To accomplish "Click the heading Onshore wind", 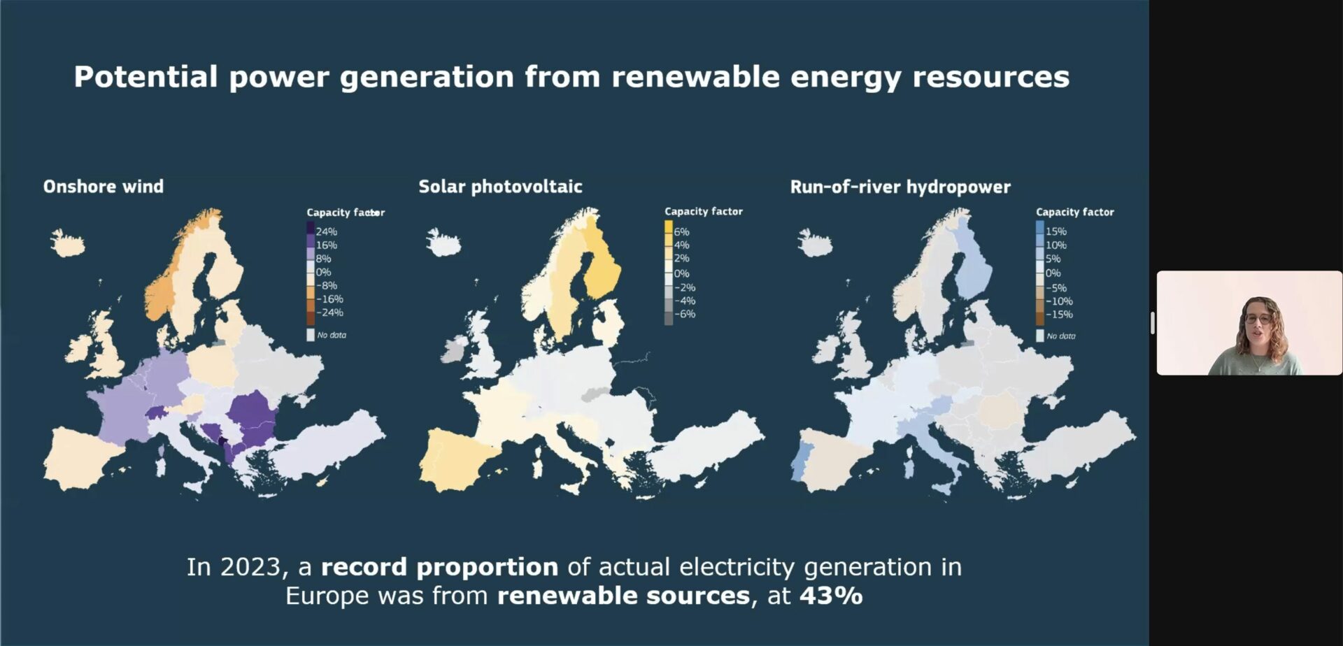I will point(104,187).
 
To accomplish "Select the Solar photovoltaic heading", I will point(500,187).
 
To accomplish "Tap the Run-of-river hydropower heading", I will point(900,187).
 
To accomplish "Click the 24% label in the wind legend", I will point(326,231).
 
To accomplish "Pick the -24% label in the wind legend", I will point(329,313).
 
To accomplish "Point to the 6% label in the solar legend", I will point(681,231).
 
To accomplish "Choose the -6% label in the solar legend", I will point(685,314).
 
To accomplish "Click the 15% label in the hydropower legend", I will point(1056,231).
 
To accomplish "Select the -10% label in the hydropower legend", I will point(1059,301).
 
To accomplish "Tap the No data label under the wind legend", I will point(332,335).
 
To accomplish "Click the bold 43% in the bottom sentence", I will point(831,596).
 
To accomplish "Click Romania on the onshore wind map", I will point(253,412).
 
